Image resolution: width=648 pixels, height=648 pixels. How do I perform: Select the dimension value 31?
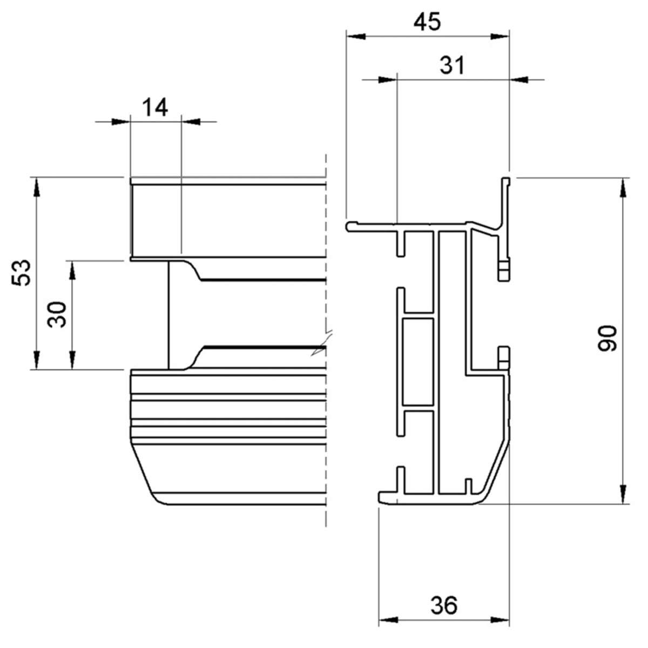(x=452, y=65)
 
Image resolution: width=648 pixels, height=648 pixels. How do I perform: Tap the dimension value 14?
(x=155, y=107)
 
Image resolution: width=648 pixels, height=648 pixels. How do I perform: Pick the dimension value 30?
(x=57, y=314)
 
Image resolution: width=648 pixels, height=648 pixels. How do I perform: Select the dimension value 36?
(x=444, y=605)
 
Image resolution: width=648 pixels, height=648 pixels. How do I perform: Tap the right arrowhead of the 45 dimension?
(x=499, y=37)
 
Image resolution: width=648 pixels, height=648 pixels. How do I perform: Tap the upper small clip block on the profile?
(x=503, y=271)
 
